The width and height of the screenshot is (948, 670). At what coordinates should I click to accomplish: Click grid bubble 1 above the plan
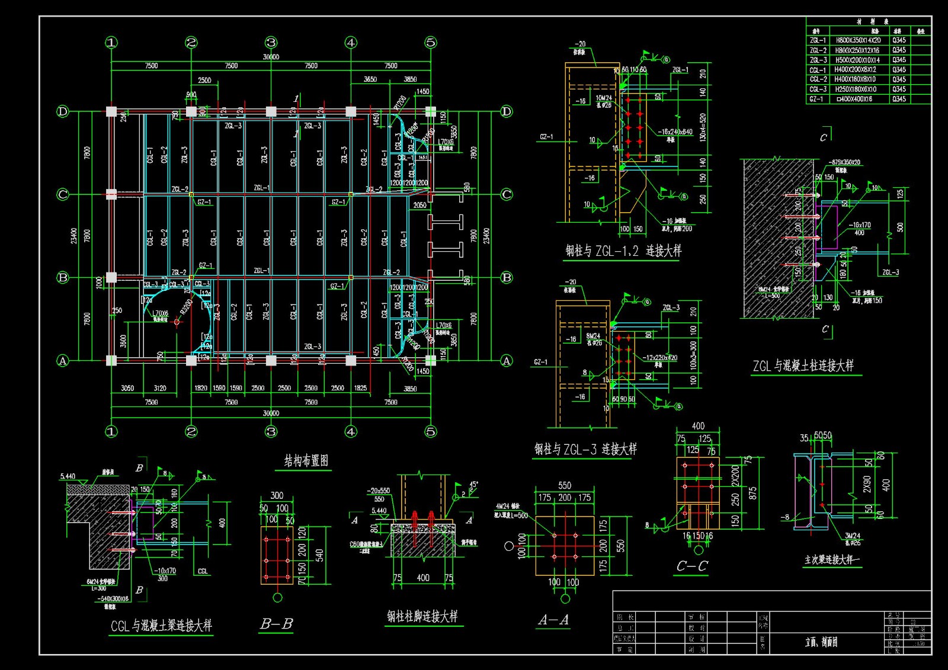(111, 43)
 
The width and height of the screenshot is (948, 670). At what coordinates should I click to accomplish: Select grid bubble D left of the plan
(62, 111)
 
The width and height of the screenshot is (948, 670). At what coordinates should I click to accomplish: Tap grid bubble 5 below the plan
(431, 431)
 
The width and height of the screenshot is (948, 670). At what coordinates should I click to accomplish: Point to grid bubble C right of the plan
(507, 194)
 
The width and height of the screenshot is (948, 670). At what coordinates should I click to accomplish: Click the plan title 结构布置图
(306, 461)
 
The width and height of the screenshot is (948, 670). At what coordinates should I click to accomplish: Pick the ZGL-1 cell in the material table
(818, 40)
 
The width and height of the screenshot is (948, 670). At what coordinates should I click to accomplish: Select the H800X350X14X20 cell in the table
(858, 40)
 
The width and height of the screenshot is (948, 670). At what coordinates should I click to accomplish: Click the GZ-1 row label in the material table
(816, 99)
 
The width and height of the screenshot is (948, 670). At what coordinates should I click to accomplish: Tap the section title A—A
(553, 620)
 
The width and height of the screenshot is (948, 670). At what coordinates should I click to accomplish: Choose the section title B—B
(276, 624)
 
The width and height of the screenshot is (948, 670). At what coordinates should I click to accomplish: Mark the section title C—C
(692, 566)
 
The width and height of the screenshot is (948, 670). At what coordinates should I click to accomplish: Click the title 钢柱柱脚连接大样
(422, 617)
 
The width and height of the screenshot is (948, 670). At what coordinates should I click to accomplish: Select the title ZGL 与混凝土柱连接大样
(803, 366)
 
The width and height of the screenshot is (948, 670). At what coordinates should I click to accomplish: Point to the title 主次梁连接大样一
(832, 560)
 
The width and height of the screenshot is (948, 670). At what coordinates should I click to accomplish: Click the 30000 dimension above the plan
(271, 57)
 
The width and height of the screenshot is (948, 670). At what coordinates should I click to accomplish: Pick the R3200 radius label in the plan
(187, 306)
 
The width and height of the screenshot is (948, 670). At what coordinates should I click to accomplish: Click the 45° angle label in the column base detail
(473, 485)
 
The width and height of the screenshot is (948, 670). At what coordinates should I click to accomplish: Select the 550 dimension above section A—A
(565, 485)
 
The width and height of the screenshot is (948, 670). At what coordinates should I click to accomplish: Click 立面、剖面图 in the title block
(821, 642)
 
